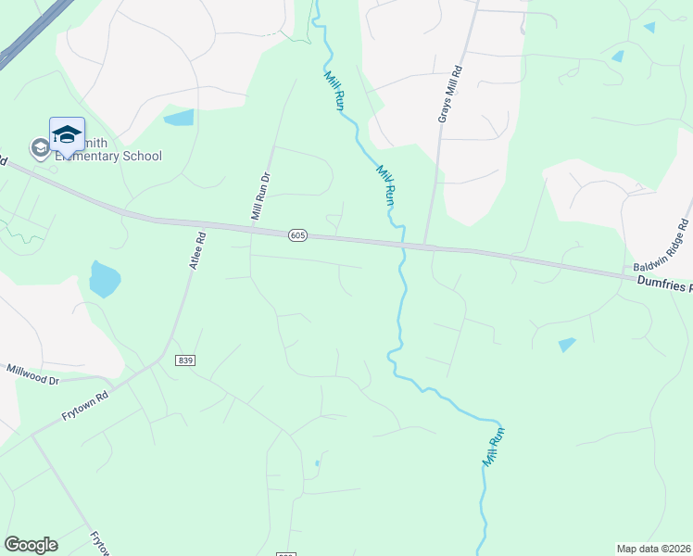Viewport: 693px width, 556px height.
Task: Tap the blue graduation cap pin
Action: [67, 134]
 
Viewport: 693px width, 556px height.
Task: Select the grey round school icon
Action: [40, 148]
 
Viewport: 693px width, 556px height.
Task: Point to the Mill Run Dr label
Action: [260, 196]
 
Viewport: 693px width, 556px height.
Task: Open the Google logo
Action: [31, 545]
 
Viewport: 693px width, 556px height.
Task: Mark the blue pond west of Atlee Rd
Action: [105, 278]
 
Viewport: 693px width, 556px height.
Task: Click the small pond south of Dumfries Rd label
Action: [567, 345]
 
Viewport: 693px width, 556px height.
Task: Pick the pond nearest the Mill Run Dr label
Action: [179, 118]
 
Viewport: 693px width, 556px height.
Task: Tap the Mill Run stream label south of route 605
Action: [494, 446]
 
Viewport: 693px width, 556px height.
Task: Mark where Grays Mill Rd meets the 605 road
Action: [425, 246]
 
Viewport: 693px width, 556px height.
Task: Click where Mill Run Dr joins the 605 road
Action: [251, 230]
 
